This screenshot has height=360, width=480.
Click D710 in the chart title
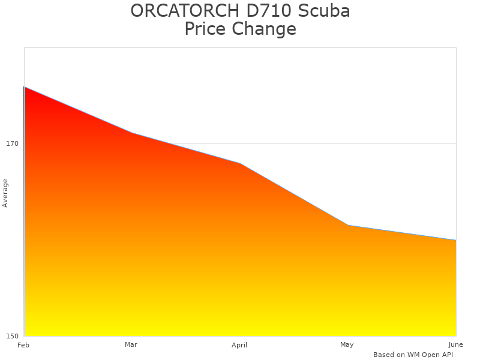[x=263, y=11]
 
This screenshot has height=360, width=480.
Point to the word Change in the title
[x=267, y=29]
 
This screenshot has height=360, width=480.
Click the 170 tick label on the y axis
[x=12, y=143]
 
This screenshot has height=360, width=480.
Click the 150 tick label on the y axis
[x=12, y=335]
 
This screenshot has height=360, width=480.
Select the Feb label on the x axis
[x=23, y=345]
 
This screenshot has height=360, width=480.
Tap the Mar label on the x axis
[x=131, y=344]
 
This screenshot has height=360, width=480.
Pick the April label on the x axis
[x=239, y=345]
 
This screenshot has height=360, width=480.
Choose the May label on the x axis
[x=347, y=344]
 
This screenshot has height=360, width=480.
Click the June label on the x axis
[x=455, y=344]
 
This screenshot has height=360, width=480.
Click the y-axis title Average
[x=5, y=193]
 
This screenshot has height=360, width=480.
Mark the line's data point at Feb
[x=24, y=87]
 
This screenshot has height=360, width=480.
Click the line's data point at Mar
[x=132, y=133]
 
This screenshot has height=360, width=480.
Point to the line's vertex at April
[x=240, y=163]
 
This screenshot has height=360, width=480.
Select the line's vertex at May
[x=348, y=226]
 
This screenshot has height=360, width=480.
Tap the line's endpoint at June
[x=455, y=240]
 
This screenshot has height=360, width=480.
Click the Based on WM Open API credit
[x=413, y=355]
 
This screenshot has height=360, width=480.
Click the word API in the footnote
[x=446, y=355]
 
